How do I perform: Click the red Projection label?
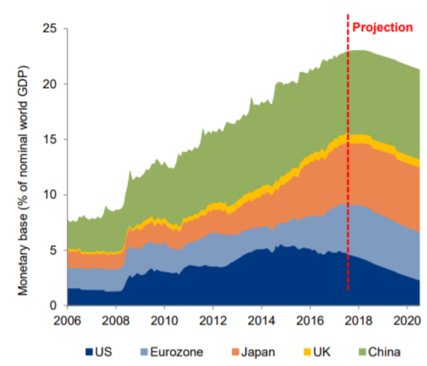(x=383, y=28)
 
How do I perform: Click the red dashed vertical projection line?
(x=347, y=163)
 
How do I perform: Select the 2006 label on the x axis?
(x=67, y=320)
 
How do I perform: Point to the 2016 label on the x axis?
(x=310, y=320)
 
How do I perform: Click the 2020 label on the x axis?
(x=406, y=320)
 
